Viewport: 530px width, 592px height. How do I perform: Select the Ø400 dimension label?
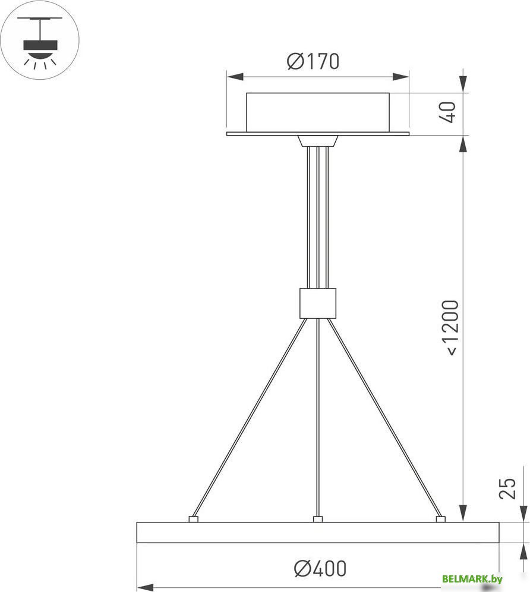point(320,569)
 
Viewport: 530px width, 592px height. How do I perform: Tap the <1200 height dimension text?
point(451,328)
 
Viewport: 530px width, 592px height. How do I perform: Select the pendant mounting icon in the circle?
point(40,40)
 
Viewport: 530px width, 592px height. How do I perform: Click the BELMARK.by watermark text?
point(472,579)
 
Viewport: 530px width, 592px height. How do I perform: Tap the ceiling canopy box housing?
point(317,112)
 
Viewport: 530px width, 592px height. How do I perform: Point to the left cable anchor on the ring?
point(193,519)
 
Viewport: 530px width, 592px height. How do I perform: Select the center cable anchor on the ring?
point(318,519)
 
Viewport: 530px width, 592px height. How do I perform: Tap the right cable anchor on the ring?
point(440,519)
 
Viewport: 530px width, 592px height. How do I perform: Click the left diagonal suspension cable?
point(250,416)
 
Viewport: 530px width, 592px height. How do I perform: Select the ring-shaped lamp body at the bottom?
point(317,533)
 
